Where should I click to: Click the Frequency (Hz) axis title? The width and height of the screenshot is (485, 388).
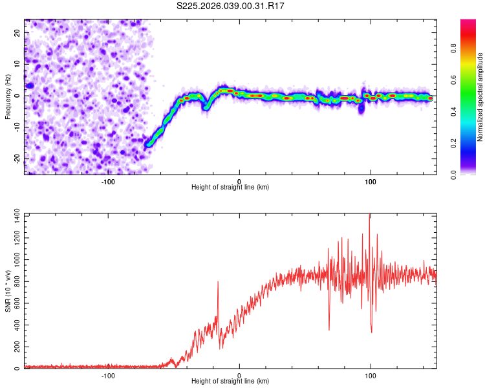pos(8,97)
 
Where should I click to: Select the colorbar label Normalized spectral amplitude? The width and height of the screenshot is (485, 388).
pos(480,97)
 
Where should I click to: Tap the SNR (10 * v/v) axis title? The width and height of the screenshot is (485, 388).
pos(8,291)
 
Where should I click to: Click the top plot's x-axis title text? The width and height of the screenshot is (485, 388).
pos(230,188)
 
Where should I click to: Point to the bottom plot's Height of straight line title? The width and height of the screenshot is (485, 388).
pos(230,382)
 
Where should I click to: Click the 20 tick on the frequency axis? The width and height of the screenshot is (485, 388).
pos(17,32)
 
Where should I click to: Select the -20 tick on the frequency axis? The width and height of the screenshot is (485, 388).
pos(16,158)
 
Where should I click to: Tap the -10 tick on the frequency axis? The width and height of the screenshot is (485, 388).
pos(16,127)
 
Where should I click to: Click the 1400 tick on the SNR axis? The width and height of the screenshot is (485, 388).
pos(14,214)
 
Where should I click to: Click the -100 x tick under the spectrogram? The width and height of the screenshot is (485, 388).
pos(108,181)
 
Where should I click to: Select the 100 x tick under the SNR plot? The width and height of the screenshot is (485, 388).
pos(371,375)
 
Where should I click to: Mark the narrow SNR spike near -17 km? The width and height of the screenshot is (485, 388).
pos(218,282)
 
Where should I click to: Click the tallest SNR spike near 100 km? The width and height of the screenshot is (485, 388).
pos(369,216)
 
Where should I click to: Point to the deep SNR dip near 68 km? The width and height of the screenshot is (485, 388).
pos(329,329)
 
